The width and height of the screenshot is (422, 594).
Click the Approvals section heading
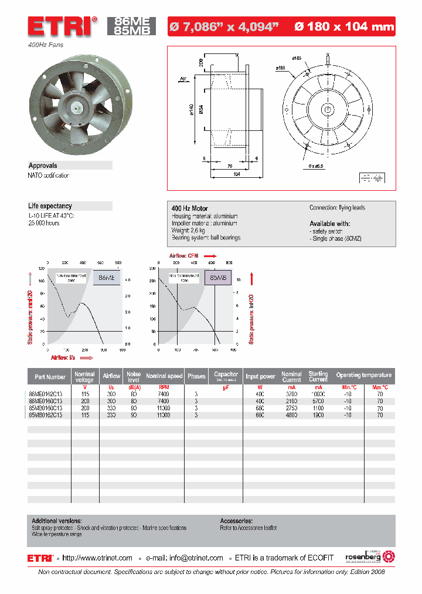pyautogui.click(x=43, y=166)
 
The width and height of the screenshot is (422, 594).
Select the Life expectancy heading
pyautogui.click(x=50, y=206)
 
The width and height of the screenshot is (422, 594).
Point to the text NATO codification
pyautogui.click(x=49, y=176)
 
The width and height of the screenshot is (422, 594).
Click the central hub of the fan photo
pyautogui.click(x=76, y=106)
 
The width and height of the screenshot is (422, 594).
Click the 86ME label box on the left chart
pyautogui.click(x=106, y=278)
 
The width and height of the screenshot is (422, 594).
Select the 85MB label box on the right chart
pyautogui.click(x=217, y=278)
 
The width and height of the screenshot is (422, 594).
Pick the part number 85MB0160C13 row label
pyautogui.click(x=46, y=408)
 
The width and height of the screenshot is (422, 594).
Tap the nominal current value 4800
pyautogui.click(x=291, y=415)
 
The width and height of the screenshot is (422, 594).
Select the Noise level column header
pyautogui.click(x=134, y=376)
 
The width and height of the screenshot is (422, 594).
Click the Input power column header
pyautogui.click(x=260, y=376)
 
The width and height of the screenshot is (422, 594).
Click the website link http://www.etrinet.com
pyautogui.click(x=97, y=558)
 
